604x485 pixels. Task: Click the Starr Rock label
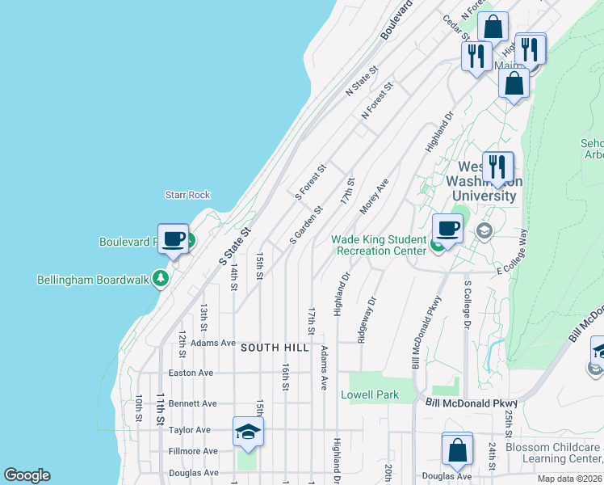[x=187, y=195]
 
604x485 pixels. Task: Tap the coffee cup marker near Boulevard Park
[x=174, y=239]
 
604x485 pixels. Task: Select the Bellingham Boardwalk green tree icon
[x=161, y=280]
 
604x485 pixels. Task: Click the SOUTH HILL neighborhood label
[x=275, y=347]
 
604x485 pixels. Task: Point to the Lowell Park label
[x=370, y=394]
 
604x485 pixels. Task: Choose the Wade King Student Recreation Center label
[x=379, y=245]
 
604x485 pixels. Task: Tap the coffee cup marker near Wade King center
[x=447, y=230]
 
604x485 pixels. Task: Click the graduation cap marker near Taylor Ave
[x=248, y=432]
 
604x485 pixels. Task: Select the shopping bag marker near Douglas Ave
[x=457, y=449]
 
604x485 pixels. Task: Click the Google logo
[x=27, y=475]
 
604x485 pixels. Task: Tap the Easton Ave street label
[x=191, y=373]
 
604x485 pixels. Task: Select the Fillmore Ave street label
[x=193, y=451]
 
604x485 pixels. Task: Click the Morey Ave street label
[x=375, y=196]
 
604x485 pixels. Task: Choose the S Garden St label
[x=306, y=226]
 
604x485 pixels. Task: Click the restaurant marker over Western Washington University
[x=497, y=167]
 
